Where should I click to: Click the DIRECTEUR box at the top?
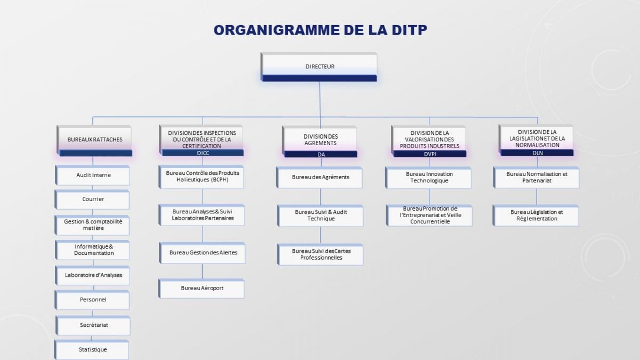319,67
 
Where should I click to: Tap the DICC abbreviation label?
203,153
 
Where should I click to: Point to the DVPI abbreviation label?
430,154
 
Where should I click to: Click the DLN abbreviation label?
538,153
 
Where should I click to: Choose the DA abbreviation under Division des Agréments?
321,155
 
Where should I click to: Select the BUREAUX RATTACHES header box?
94,141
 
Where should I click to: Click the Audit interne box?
93,175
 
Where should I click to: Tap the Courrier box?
92,199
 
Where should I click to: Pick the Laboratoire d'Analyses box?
93,275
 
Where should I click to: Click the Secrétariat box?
93,325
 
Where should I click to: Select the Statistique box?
92,350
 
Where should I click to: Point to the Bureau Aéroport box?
202,289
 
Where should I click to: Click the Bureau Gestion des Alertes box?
202,253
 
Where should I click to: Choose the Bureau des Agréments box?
319,178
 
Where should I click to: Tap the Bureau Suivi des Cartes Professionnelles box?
321,254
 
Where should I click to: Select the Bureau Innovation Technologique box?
428,178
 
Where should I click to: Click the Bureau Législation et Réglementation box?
536,215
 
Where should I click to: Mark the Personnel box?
92,300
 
